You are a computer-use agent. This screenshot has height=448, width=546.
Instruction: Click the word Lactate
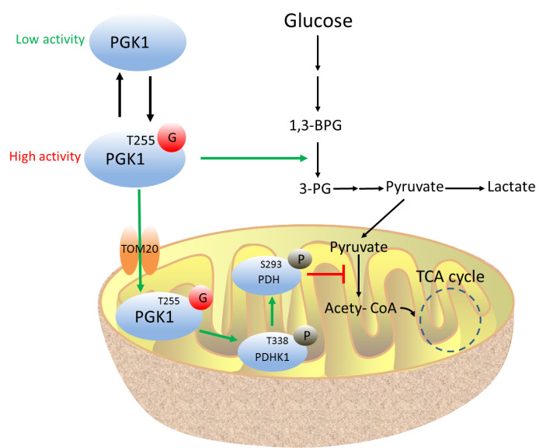point(511,187)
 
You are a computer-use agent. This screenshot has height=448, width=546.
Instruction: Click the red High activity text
point(45,156)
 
